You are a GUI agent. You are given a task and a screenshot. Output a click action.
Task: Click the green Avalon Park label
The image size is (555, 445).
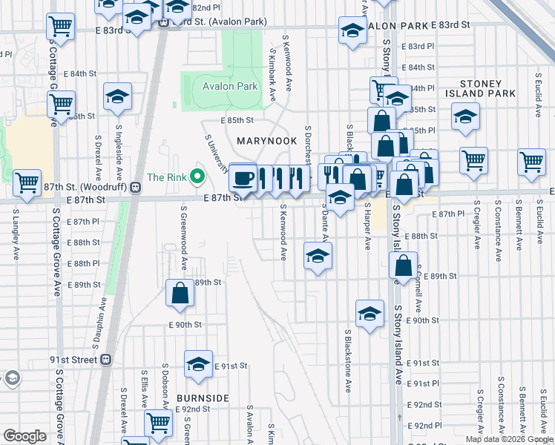pyautogui.click(x=230, y=87)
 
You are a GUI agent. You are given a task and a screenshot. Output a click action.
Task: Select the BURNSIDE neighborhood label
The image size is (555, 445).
pyautogui.click(x=203, y=398)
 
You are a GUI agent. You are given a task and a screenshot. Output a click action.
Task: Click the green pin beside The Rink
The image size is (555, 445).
pyautogui.click(x=197, y=177)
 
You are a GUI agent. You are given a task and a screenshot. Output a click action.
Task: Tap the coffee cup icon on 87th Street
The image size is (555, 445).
pyautogui.click(x=242, y=178)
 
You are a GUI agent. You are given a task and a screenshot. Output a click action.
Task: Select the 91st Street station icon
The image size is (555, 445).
pyautogui.click(x=106, y=359)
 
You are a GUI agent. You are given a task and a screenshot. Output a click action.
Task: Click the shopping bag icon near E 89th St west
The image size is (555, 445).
pyautogui.click(x=180, y=292)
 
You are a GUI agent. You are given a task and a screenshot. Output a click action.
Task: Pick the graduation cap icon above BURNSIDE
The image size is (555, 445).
pyautogui.click(x=198, y=363)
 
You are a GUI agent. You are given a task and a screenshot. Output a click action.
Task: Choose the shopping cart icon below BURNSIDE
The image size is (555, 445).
pyautogui.click(x=158, y=423)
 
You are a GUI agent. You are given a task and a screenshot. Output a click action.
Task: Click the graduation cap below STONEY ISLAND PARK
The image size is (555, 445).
pyautogui.click(x=465, y=117)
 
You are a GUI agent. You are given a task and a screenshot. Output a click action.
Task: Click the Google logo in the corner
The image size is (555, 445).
pyautogui.click(x=24, y=436)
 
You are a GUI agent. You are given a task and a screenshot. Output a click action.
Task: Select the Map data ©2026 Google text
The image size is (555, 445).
pyautogui.click(x=508, y=439)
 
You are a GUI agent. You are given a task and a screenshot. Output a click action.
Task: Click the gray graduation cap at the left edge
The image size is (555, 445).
pyautogui.click(x=10, y=379)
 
